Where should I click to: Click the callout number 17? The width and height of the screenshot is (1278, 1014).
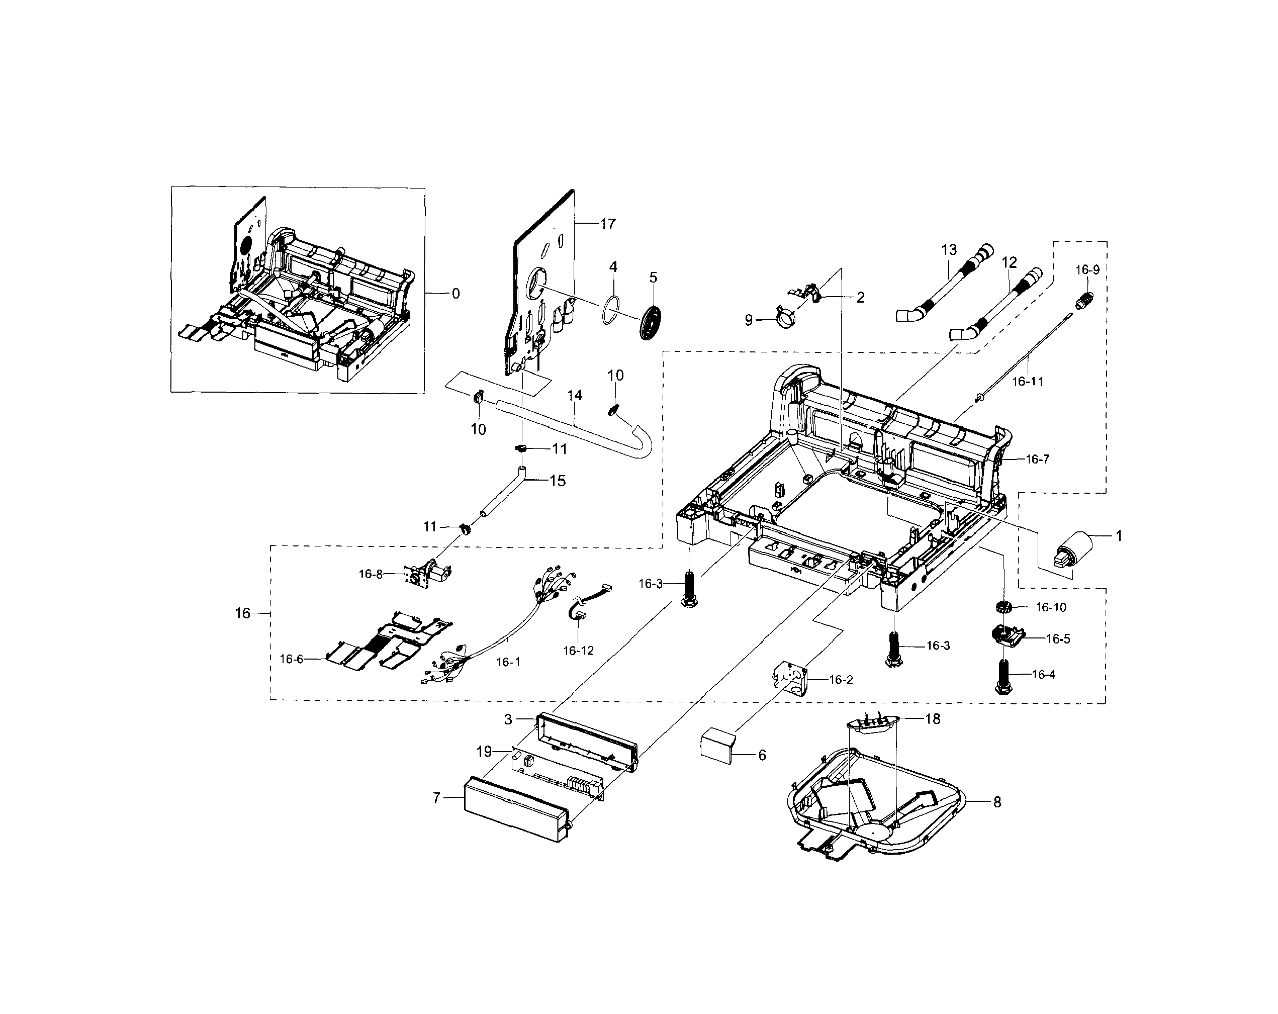tap(608, 224)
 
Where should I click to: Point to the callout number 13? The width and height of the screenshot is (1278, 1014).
tap(949, 249)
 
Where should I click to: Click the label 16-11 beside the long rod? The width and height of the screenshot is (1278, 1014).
tap(1027, 382)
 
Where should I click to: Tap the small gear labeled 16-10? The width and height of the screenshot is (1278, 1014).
tap(1002, 607)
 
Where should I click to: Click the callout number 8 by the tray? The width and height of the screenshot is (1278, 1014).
tap(997, 802)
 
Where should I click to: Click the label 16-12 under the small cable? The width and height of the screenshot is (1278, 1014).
tap(578, 651)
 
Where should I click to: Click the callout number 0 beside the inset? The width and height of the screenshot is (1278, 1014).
tap(455, 294)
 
